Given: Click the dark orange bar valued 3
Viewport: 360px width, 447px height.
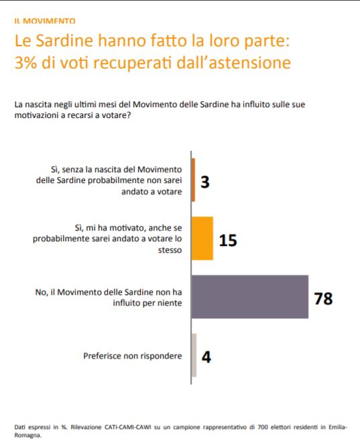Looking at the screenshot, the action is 193,180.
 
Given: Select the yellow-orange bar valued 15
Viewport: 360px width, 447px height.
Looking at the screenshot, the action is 202,239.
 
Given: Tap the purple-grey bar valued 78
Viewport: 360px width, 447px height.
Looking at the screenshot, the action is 250,297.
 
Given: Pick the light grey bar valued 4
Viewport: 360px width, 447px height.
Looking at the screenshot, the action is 194,355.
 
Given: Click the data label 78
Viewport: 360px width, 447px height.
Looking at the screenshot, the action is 324,298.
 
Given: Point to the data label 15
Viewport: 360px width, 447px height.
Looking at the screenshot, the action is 228,241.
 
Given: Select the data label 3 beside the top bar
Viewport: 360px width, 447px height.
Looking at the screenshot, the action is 205,182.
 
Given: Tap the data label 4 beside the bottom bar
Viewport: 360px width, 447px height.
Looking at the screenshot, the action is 206,357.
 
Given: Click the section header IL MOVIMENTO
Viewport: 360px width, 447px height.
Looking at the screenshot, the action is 45,21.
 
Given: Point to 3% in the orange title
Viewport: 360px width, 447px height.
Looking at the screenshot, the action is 25,62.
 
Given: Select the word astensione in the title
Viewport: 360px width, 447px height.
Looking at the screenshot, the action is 250,63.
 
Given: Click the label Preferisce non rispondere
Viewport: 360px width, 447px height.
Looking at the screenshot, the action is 132,356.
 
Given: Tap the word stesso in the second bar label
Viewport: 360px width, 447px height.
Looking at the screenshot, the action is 170,250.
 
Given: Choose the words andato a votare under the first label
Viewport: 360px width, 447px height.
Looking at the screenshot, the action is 152,192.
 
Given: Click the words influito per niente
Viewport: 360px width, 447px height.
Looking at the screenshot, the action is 147,303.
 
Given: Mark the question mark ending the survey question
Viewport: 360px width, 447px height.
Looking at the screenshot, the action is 128,115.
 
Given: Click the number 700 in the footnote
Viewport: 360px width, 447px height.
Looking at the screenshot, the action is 263,427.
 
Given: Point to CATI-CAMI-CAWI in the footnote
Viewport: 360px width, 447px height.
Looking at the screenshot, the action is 127,427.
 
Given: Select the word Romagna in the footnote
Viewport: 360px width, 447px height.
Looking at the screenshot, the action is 27,436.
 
